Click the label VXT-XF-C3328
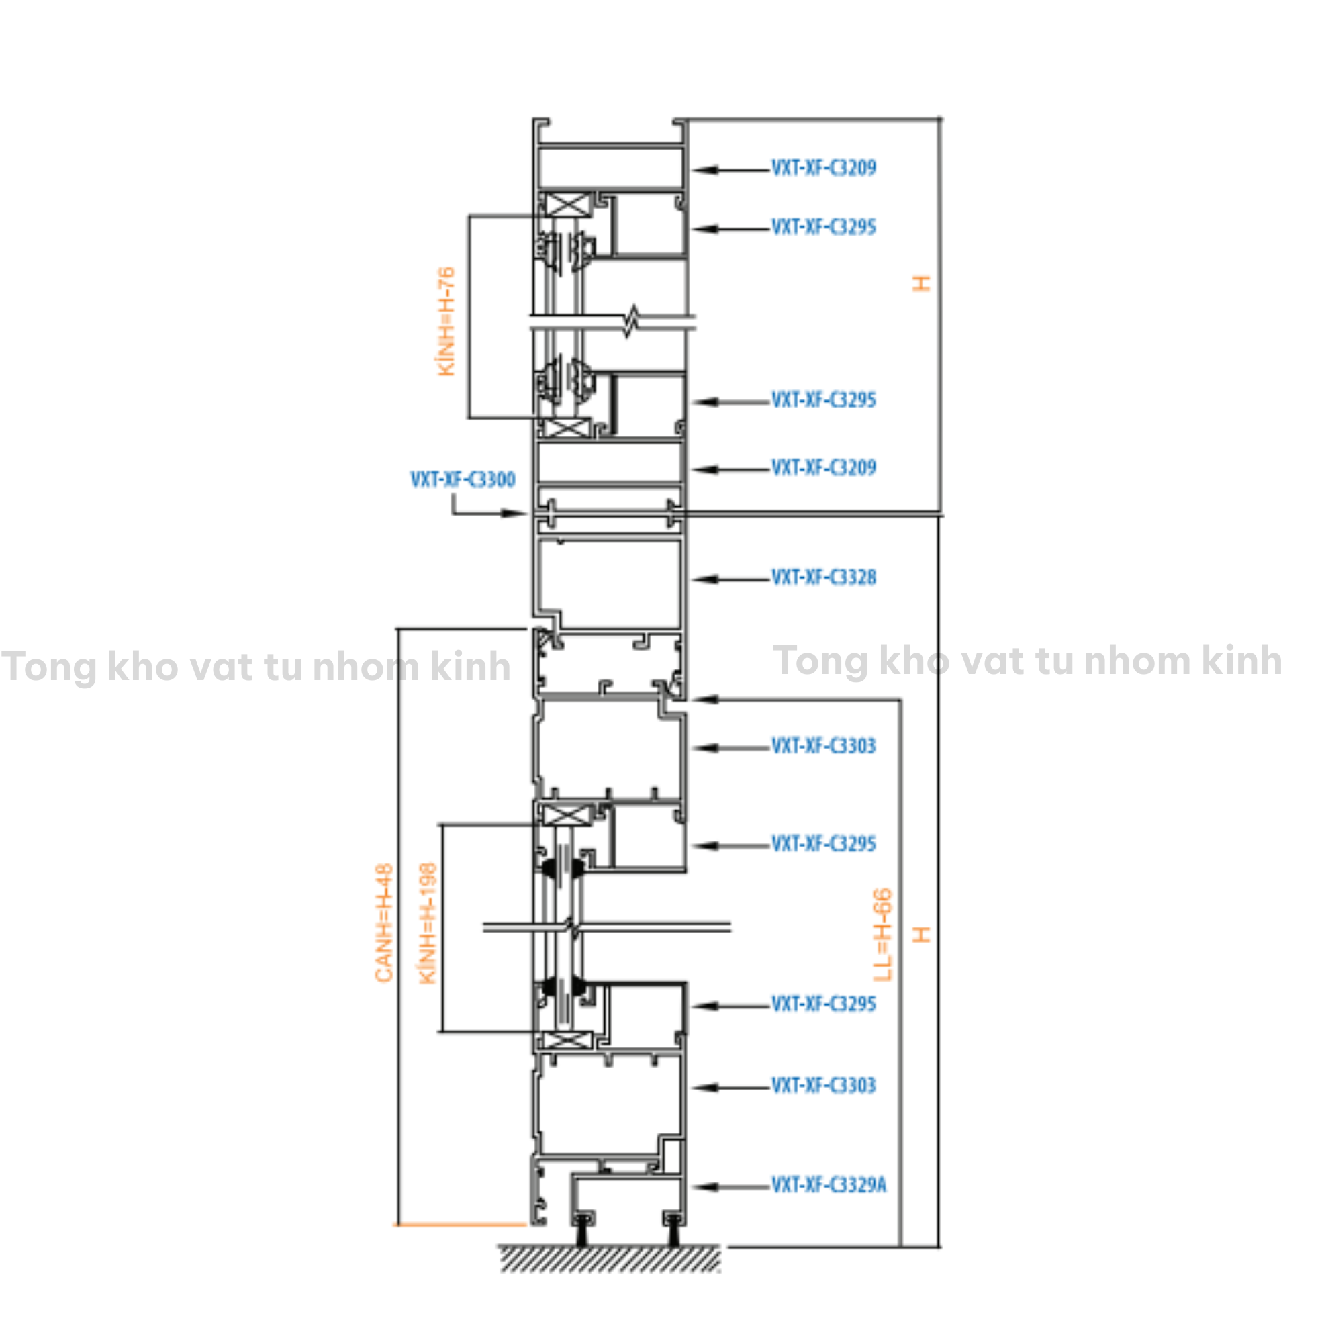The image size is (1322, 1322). (823, 577)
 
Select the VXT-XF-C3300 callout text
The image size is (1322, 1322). (463, 479)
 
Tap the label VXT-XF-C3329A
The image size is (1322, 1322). (829, 1185)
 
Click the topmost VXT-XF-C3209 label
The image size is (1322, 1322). (823, 168)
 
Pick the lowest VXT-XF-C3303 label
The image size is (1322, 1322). (823, 1085)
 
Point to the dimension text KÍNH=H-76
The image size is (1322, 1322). (446, 321)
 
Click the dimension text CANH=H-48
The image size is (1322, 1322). (385, 923)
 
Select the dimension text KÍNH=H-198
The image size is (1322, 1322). (428, 923)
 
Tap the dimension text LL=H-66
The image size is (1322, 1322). (884, 934)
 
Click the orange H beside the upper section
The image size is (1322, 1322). (922, 283)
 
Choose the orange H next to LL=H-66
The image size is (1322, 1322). (922, 934)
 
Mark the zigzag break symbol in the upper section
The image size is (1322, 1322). (632, 322)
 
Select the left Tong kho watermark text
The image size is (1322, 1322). (255, 667)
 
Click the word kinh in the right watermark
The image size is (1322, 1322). (1241, 661)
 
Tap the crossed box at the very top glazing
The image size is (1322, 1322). (565, 204)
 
